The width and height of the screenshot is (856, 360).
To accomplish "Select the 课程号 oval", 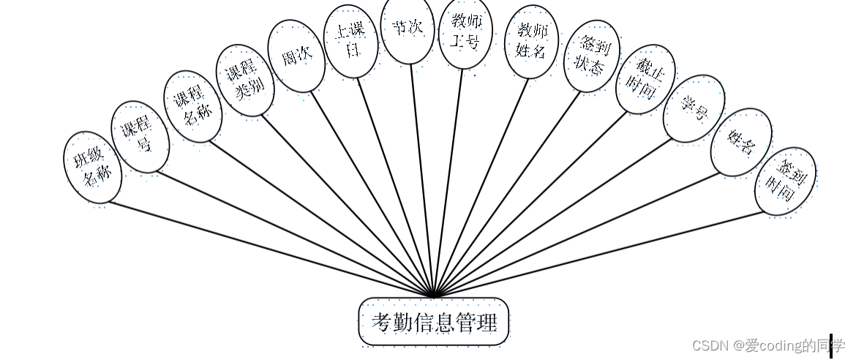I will tap(140, 137).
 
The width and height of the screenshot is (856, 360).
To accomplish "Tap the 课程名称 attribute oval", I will tap(192, 107).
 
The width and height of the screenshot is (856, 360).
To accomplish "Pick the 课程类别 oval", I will tap(245, 80).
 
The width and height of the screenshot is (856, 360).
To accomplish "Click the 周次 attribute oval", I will tap(296, 56).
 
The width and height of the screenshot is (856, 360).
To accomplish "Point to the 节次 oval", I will tap(408, 29).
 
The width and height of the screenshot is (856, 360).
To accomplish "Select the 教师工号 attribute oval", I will tap(466, 34).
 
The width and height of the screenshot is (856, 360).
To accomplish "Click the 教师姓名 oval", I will tap(532, 41).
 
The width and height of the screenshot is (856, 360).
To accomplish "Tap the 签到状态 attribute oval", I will tap(592, 56).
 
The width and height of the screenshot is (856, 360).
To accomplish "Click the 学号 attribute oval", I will tap(694, 108).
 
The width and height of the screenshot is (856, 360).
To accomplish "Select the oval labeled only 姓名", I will tap(741, 143).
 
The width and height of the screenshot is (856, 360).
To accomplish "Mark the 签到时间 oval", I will tap(785, 181).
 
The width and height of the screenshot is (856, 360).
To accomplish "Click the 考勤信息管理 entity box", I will tap(433, 321).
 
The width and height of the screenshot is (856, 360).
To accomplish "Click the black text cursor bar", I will tap(831, 346).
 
